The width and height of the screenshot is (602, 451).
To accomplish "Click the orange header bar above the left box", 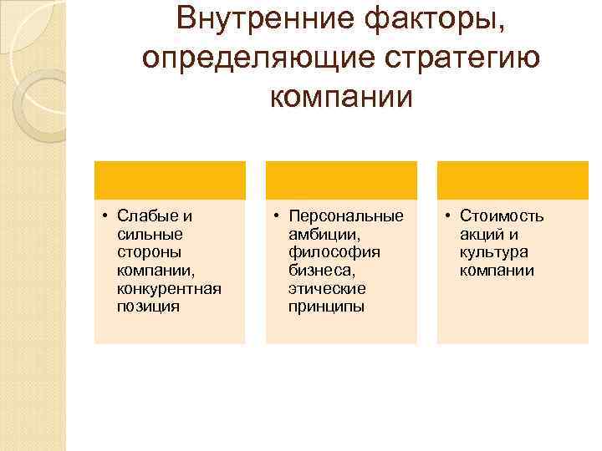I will point(170,180).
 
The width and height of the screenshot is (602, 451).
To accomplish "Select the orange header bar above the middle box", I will point(341,180).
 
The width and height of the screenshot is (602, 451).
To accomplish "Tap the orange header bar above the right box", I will point(512,180).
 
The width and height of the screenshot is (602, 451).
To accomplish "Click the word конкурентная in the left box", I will point(170,289).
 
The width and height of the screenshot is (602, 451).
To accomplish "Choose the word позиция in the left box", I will point(148,307).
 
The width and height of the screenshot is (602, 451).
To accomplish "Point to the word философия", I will point(334,252).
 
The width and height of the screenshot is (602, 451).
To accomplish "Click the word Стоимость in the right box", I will point(501,216).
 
